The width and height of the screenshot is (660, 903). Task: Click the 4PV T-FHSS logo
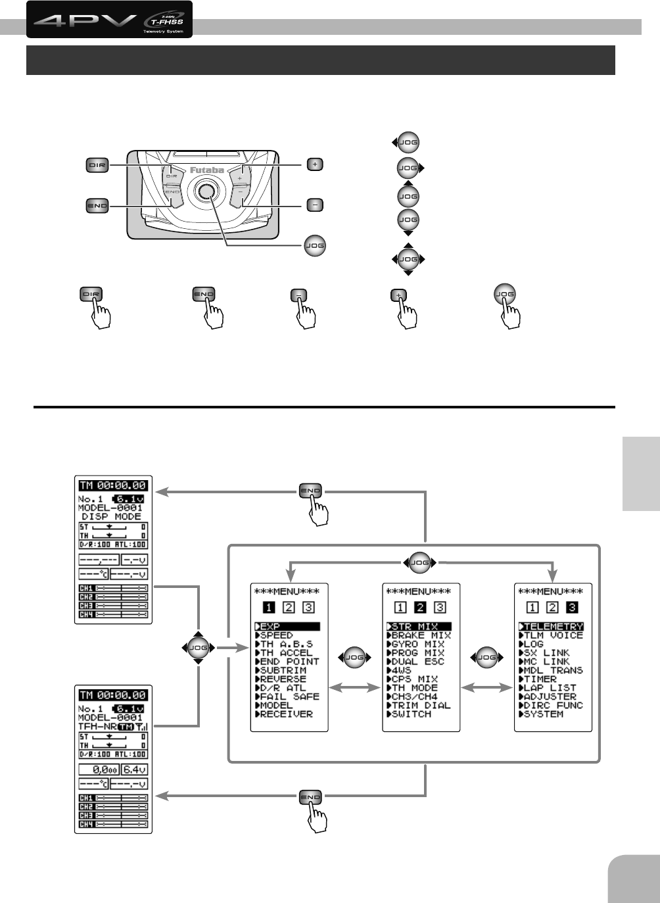click(109, 20)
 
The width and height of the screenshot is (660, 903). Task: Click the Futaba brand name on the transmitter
click(207, 170)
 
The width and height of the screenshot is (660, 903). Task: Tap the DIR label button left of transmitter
click(97, 165)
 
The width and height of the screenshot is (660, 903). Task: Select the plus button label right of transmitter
click(316, 164)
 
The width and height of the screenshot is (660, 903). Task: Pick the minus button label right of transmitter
click(316, 205)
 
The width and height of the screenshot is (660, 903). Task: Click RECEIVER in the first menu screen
click(287, 714)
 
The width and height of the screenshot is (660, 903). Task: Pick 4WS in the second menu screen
click(401, 670)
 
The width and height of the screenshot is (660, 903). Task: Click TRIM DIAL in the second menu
click(421, 705)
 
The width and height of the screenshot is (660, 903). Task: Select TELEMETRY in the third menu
click(552, 627)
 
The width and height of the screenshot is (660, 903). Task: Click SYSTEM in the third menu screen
click(543, 714)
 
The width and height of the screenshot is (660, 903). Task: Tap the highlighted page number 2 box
click(421, 608)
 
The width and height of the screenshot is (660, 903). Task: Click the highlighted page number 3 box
click(573, 608)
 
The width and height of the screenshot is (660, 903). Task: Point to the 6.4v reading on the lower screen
click(135, 769)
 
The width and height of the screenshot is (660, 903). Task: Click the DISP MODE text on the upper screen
click(111, 517)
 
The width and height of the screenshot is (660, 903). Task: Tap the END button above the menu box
click(310, 491)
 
